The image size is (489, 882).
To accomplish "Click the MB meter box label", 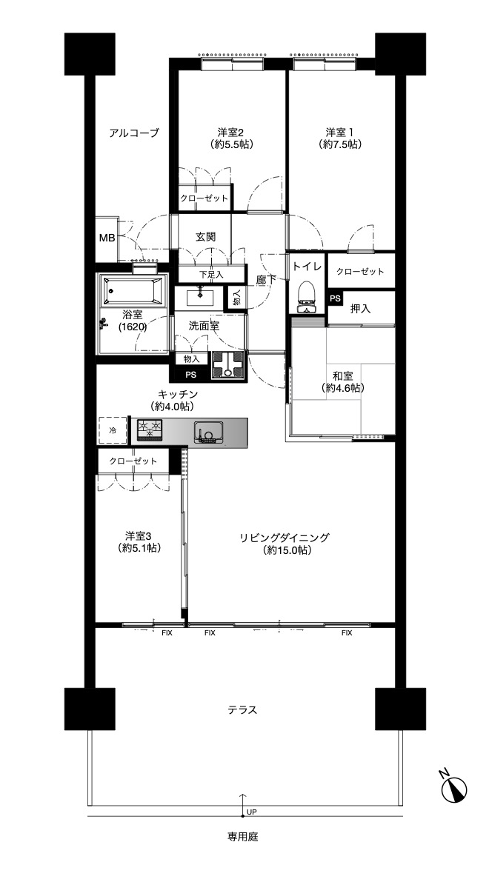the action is point(107,238).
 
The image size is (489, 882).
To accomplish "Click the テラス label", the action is point(243,710).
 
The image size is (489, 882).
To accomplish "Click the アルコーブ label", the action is point(134,133).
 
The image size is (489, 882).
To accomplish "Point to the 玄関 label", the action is point(205,237).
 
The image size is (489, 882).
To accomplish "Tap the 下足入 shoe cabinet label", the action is point(212,275).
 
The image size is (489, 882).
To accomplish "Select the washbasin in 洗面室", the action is point(200,297).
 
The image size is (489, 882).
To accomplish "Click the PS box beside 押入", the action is point(336,298).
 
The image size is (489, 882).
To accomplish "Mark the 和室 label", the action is point(342,376).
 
